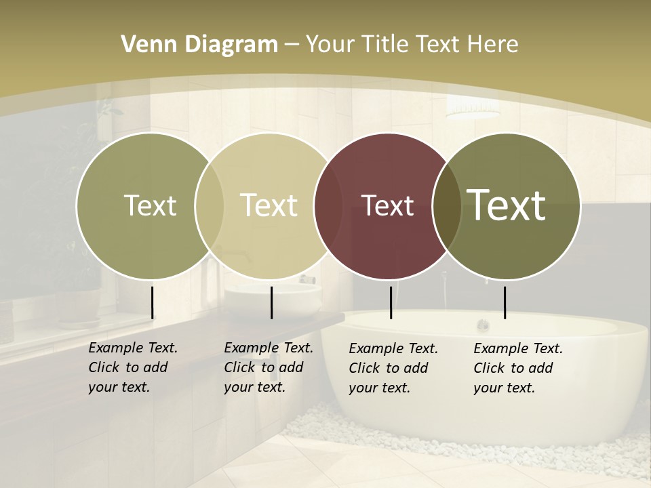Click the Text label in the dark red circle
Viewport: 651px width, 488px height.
coord(388,205)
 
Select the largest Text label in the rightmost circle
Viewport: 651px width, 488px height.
coord(507,205)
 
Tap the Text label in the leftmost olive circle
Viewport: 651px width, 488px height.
coord(150,205)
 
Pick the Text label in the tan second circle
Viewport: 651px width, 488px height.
coord(269,205)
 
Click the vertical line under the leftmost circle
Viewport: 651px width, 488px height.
coord(153,302)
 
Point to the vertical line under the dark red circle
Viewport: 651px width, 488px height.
coord(391,302)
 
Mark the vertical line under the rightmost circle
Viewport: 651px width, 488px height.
coord(505,302)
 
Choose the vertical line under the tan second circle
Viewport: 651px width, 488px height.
coord(271,302)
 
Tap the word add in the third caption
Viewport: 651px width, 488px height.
coord(417,368)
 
